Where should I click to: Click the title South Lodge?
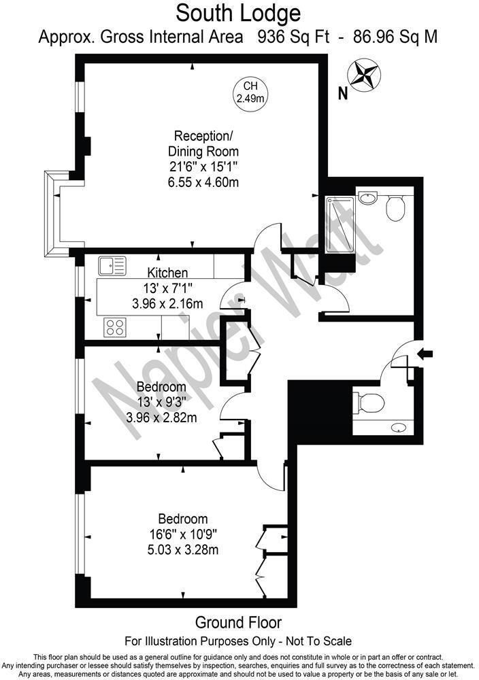coord(239,12)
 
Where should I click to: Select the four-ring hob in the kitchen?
coord(114,327)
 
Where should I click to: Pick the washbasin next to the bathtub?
coord(367,197)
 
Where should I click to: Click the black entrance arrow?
coord(427,353)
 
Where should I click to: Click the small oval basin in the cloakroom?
coord(399,428)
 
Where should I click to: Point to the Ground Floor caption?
coord(238,622)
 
